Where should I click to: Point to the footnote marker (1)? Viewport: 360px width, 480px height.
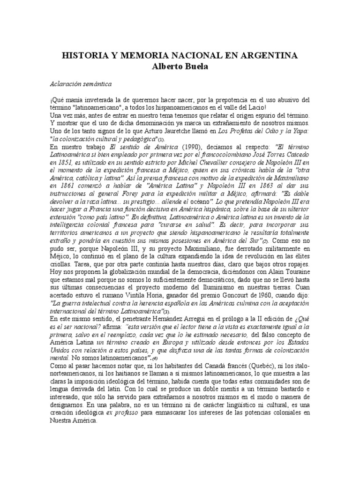(x=161, y=140)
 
